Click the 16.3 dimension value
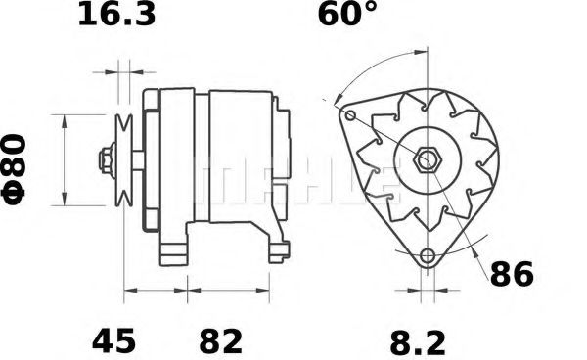point(116,15)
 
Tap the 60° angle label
point(346,14)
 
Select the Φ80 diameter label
point(14,169)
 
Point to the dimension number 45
point(113,340)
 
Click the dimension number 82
point(221,340)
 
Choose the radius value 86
point(512,274)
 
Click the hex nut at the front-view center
point(428,160)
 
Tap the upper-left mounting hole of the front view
point(350,115)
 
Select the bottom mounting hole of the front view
point(428,256)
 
